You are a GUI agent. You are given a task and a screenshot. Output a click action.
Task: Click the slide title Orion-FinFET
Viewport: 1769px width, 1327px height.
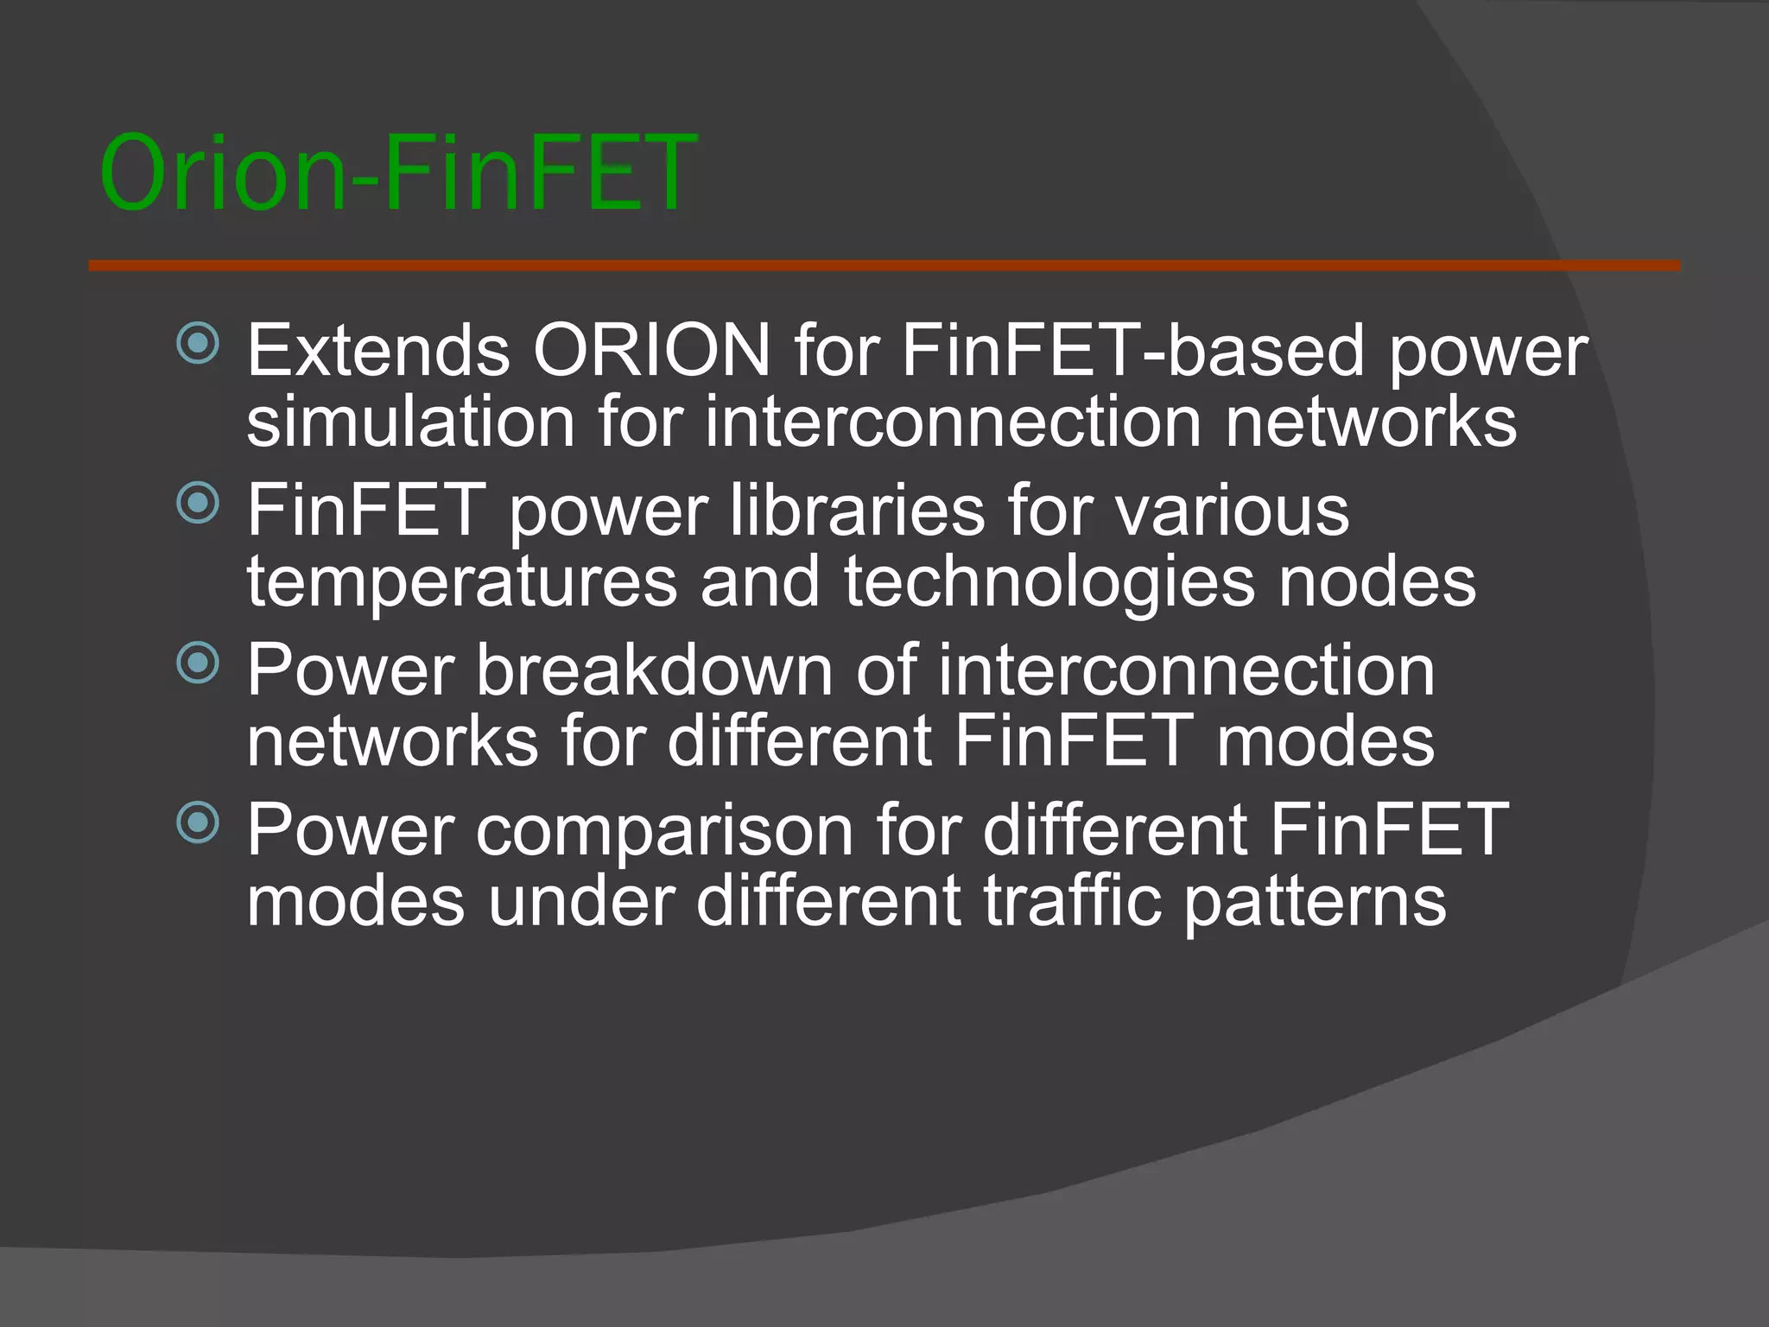(397, 173)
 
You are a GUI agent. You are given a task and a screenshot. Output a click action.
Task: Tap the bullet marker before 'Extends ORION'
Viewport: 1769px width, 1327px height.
(199, 343)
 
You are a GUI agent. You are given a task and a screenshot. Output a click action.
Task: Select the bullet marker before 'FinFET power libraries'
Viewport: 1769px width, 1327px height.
(199, 502)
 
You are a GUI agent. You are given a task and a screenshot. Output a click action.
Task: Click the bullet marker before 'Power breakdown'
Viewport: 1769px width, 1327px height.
(199, 663)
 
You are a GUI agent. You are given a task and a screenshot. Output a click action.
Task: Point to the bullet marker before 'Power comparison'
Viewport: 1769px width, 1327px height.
(199, 822)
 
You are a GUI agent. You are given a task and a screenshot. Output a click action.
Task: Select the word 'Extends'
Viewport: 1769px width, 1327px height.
(378, 351)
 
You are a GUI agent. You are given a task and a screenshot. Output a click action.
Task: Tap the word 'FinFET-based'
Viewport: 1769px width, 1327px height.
(1132, 351)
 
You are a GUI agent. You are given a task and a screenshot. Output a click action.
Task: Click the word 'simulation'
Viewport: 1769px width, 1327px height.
(411, 422)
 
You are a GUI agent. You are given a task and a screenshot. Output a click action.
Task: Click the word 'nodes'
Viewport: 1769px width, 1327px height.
(1378, 582)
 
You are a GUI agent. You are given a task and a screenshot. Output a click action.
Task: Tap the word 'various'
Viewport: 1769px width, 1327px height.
(1232, 510)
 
